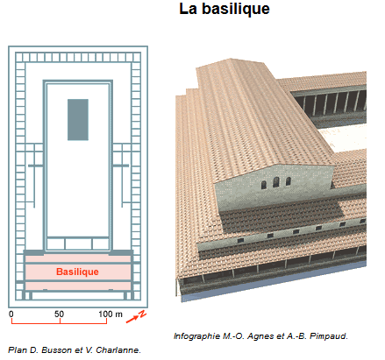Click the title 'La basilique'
coord(225,9)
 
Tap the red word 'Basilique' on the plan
coord(77,272)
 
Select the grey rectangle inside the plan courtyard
coord(78,120)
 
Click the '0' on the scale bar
coord(11,314)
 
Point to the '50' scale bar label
coord(59,314)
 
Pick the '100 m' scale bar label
coord(111,314)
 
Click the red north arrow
coord(132,319)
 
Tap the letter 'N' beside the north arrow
coord(142,314)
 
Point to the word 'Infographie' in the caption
coord(196,336)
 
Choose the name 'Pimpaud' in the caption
coord(329,336)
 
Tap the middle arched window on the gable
coord(276,182)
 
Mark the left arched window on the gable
coord(264,185)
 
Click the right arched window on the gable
coord(289,181)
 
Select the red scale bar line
coord(59,323)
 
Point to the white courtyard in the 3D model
coord(345,138)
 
